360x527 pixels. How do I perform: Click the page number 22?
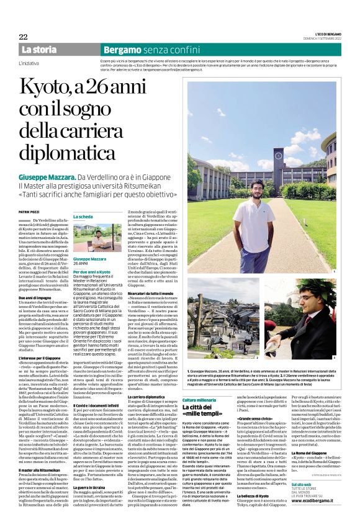tap(23, 37)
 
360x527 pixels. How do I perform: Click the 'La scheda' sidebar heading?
tap(84, 217)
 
